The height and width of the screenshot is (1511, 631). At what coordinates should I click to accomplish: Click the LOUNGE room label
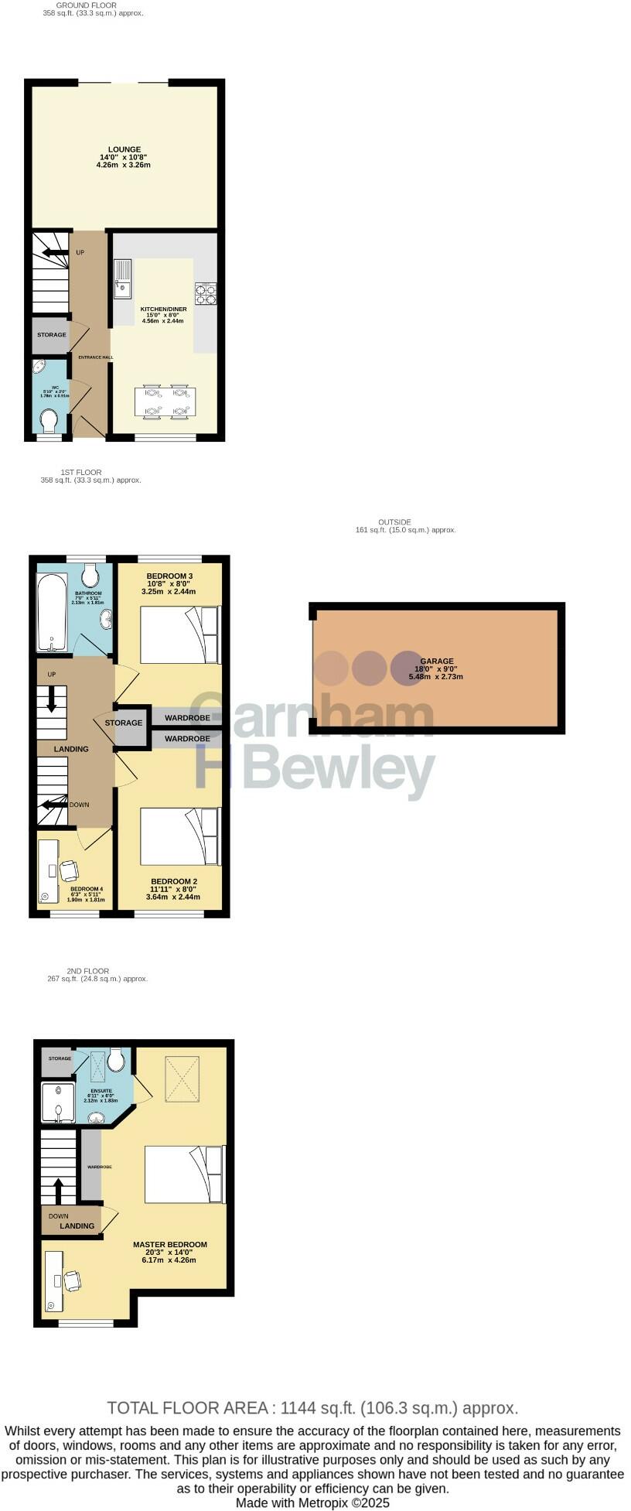(124, 149)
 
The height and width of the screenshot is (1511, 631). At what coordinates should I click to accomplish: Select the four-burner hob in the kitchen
(206, 292)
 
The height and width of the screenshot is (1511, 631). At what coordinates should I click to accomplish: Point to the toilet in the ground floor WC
(49, 421)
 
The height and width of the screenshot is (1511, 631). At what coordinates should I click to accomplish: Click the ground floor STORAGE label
(52, 335)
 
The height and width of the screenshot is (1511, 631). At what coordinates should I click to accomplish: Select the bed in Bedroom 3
(180, 635)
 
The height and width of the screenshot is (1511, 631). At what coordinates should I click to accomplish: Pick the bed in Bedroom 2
(180, 836)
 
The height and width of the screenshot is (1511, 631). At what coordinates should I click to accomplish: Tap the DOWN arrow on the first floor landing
(52, 804)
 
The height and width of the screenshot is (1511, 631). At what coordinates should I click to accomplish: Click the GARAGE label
(437, 661)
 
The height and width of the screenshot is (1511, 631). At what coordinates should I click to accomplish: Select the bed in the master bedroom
(185, 1174)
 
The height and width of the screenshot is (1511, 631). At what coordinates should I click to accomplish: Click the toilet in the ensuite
(116, 1060)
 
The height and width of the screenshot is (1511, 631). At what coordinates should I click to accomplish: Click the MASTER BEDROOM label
(169, 1245)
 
